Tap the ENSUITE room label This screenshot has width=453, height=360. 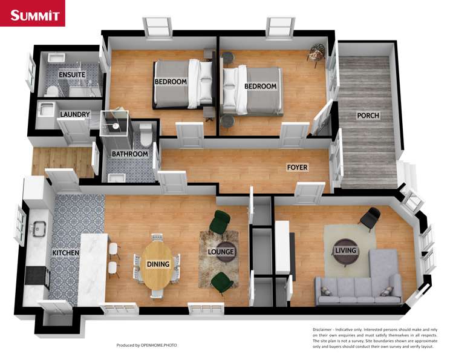tap(72, 74)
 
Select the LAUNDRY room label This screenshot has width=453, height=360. tap(76, 114)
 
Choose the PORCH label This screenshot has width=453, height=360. tap(367, 116)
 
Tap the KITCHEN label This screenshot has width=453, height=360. tap(66, 252)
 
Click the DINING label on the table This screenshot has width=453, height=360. tap(158, 264)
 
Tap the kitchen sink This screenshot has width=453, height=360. tap(39, 229)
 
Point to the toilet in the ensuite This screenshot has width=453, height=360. tap(51, 90)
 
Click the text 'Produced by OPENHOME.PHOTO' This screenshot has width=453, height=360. tap(148, 345)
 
